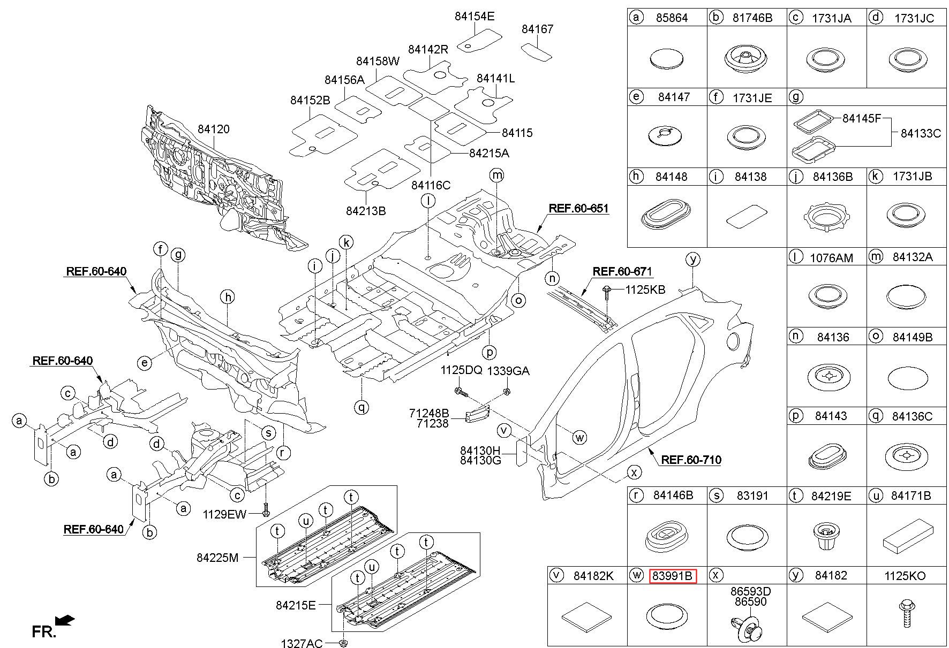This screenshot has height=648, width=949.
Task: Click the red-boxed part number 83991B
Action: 673,576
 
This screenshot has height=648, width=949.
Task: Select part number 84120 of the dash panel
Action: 213,129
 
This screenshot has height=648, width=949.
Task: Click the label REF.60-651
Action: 578,208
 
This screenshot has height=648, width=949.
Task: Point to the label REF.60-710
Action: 691,459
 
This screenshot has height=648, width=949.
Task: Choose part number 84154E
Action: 474,16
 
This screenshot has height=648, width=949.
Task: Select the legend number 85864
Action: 672,18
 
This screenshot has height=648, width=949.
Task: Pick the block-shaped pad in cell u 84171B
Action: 906,536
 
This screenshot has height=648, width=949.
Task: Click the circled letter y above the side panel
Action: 693,260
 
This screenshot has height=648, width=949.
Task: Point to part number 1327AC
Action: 302,643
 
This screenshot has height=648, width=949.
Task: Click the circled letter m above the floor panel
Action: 497,175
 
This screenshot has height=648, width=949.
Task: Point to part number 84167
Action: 537,29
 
